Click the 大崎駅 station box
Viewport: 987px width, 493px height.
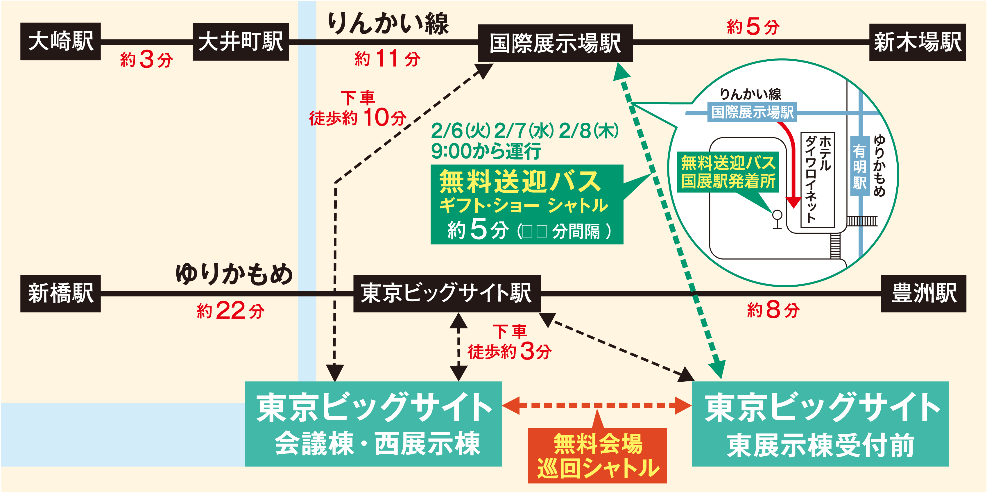(x=60, y=41)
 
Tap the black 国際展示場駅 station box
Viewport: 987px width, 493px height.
(x=555, y=43)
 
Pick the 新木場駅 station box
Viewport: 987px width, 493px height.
(x=917, y=42)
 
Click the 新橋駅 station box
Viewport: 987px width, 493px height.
(x=60, y=293)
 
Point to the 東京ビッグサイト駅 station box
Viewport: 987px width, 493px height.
(x=447, y=293)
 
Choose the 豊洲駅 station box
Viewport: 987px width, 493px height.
(x=923, y=293)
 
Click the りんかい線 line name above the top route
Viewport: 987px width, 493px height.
(x=388, y=24)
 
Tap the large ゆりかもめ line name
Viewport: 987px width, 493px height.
(x=234, y=274)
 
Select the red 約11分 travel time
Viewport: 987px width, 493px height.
(x=387, y=59)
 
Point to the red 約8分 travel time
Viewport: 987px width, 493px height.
(x=773, y=310)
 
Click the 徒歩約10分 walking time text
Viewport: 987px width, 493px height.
(x=357, y=117)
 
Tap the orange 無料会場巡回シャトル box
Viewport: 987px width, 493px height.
(x=597, y=456)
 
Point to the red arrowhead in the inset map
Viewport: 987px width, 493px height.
(x=793, y=202)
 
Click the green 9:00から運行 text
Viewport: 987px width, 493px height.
(x=486, y=151)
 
